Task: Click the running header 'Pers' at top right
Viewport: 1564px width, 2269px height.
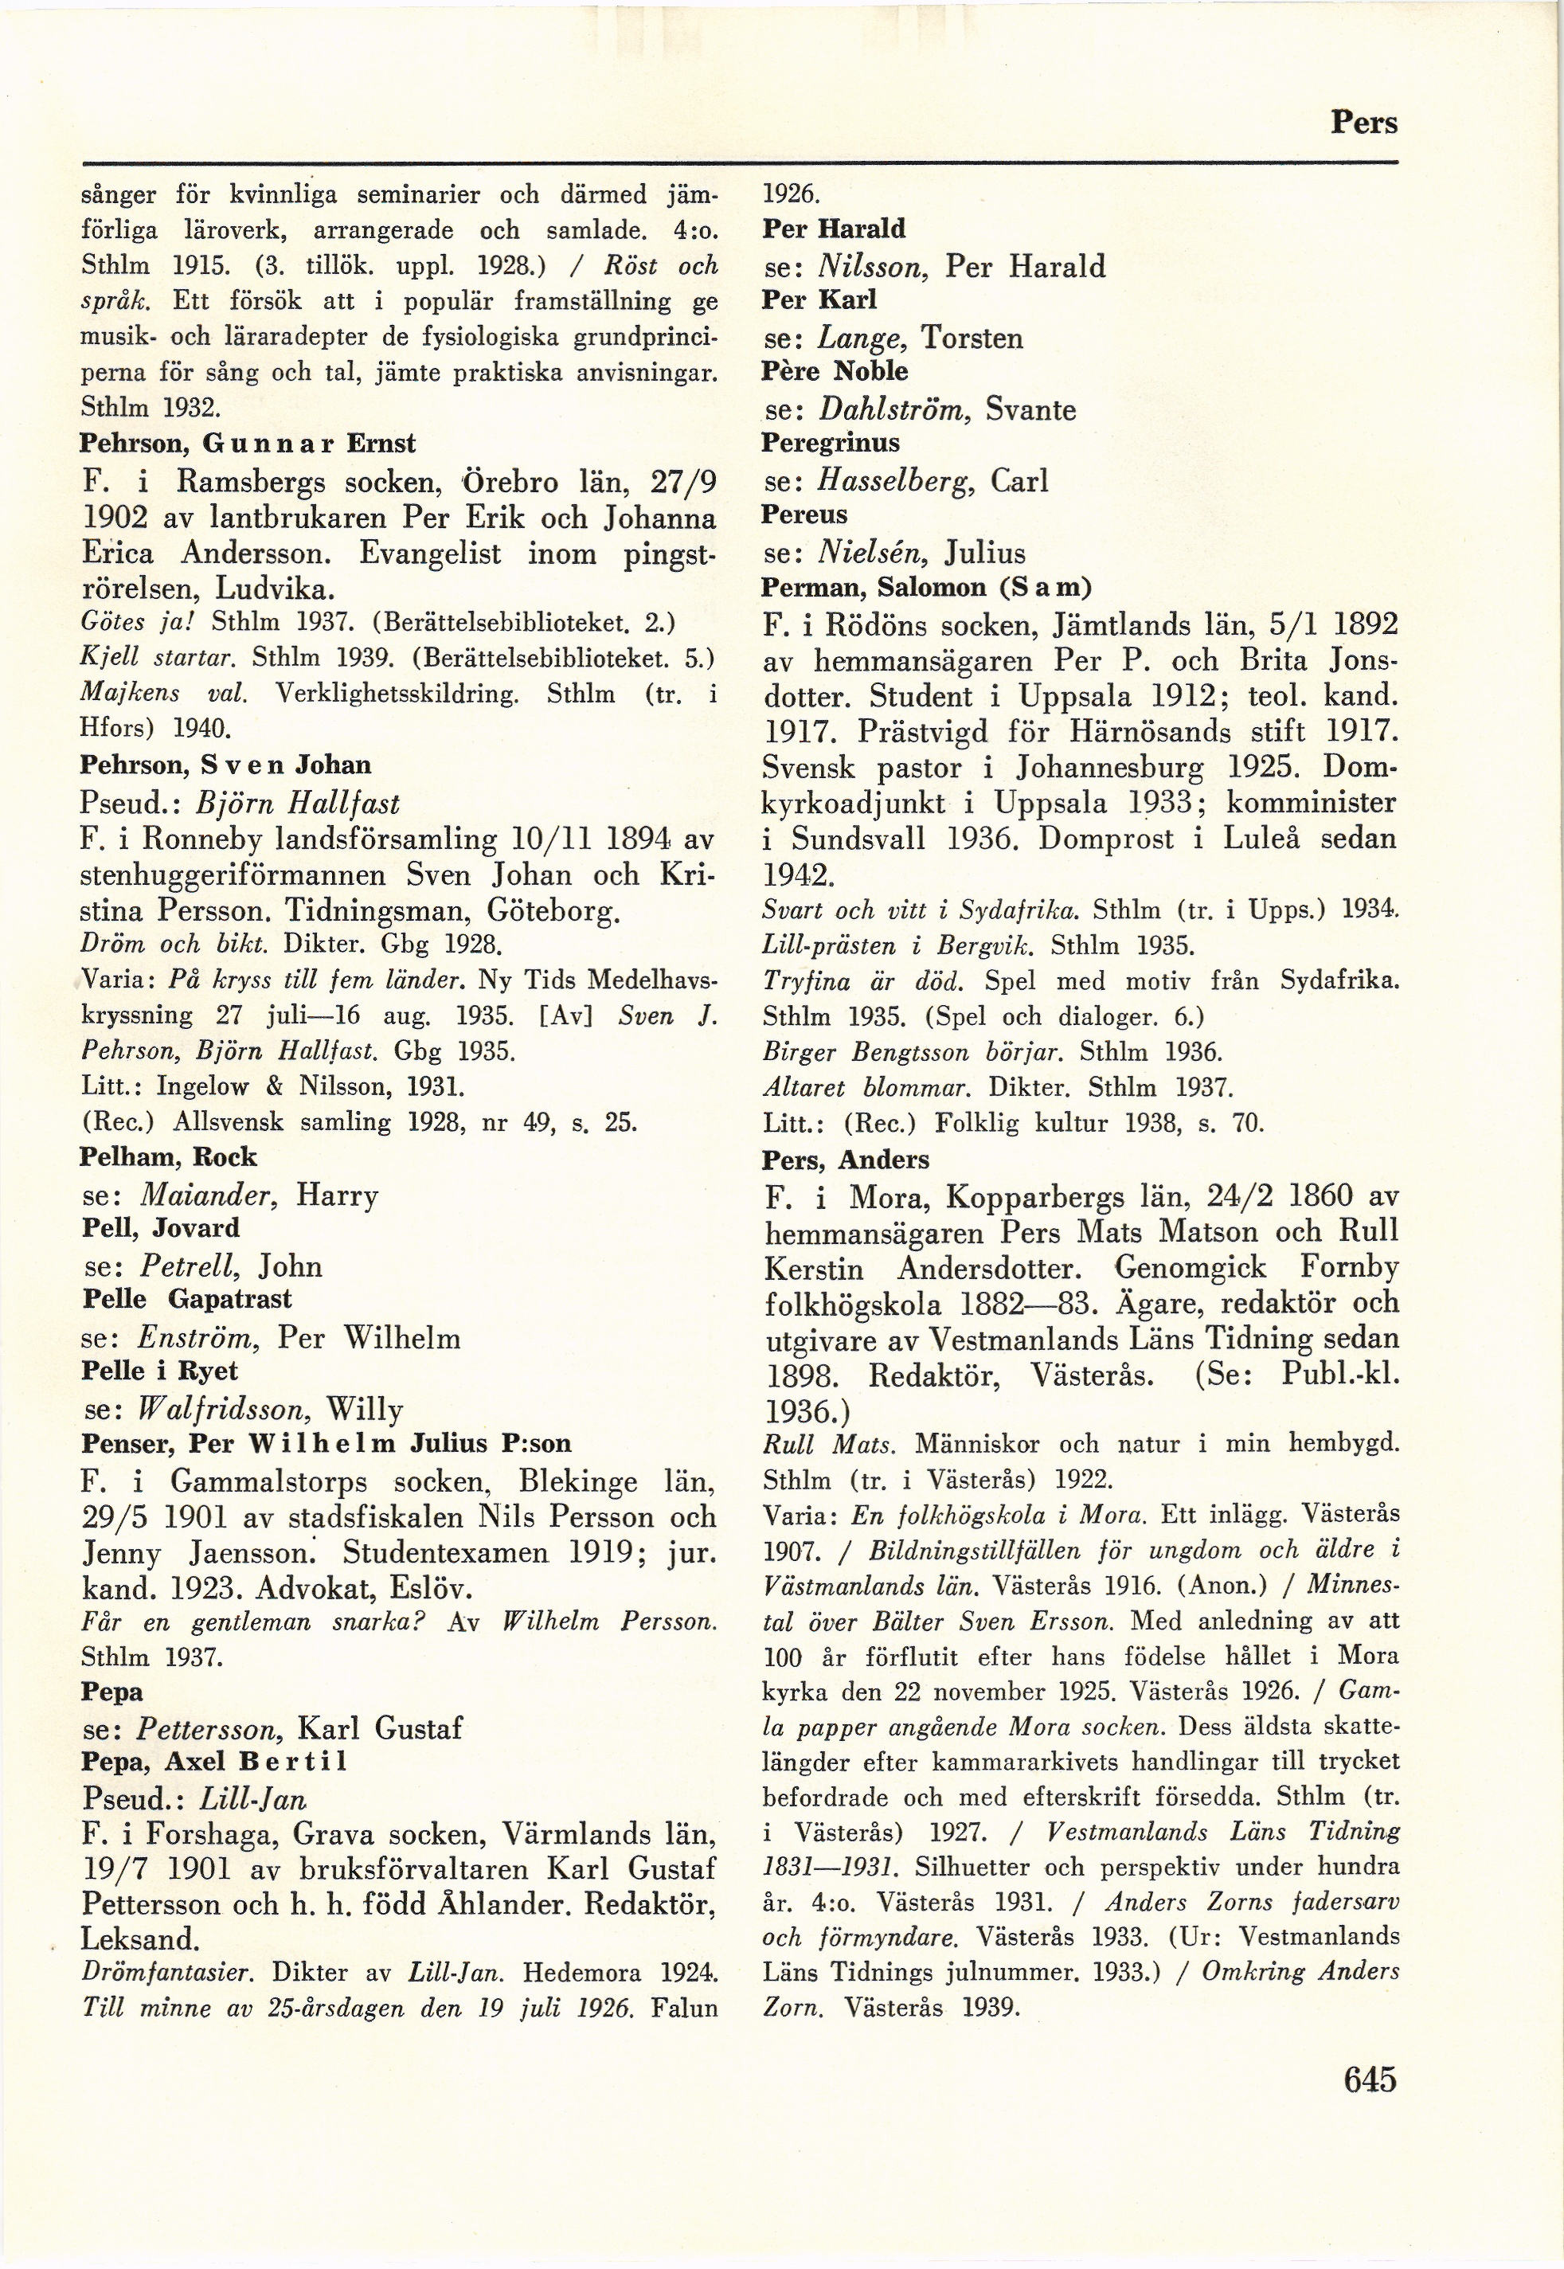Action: tap(1363, 123)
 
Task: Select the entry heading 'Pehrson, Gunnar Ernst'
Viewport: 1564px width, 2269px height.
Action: tap(247, 443)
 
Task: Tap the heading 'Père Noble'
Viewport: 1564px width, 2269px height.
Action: tap(835, 370)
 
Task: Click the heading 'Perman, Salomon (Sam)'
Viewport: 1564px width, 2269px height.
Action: tap(926, 587)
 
